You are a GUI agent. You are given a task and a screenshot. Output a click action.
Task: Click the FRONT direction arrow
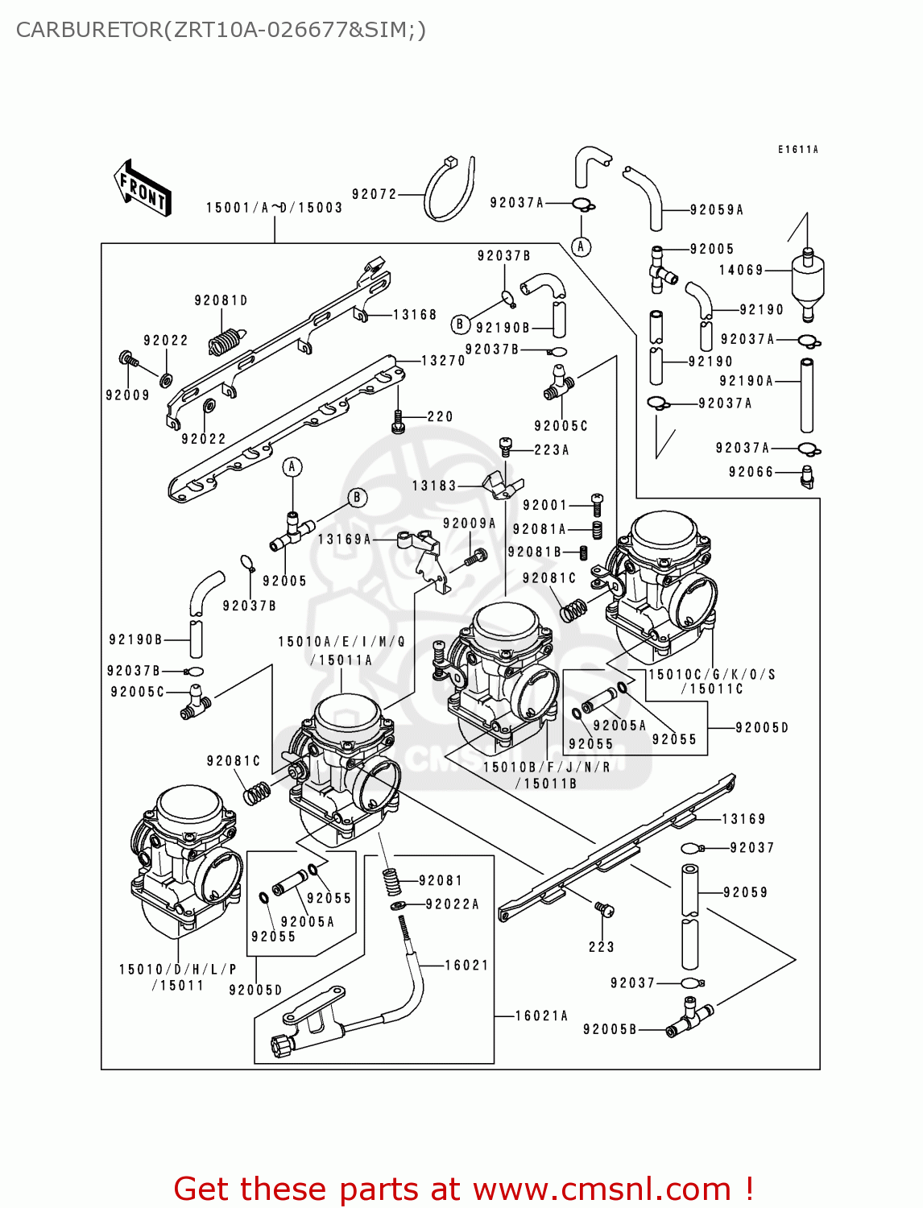pos(143,188)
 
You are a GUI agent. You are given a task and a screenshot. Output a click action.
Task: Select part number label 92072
pos(375,194)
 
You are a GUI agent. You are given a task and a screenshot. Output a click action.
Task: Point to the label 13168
pos(415,315)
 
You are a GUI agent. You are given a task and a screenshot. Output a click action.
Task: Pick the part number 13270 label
pos(443,361)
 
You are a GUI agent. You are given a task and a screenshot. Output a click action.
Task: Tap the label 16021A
pos(541,1016)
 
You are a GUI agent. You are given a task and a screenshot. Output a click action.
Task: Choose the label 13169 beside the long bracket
pos(743,819)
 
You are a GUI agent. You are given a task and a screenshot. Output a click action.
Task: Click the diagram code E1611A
pos(797,150)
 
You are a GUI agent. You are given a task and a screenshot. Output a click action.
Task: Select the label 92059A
pos(716,210)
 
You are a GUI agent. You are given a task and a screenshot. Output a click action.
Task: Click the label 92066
pos(751,472)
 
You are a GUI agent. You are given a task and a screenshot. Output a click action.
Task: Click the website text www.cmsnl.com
pos(601,1189)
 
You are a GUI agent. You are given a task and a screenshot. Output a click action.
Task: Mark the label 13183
pos(434,486)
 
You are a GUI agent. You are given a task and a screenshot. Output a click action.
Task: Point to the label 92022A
pos(452,904)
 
